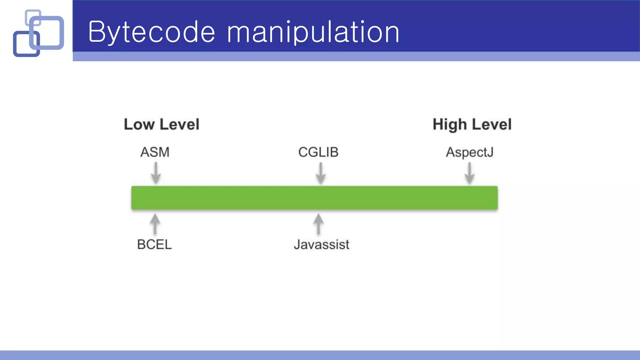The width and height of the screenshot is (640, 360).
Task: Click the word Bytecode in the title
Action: point(152,32)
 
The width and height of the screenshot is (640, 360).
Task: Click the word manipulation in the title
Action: point(313,32)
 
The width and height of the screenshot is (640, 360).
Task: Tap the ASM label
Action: point(155,152)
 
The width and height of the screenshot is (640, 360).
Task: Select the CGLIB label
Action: point(318,152)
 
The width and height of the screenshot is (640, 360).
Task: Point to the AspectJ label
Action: point(469,152)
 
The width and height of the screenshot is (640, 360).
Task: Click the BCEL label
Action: point(154,244)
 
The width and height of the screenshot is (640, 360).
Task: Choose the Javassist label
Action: point(321,244)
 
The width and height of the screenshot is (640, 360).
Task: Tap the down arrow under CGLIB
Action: point(320,173)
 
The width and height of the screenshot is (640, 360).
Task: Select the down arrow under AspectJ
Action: point(469,173)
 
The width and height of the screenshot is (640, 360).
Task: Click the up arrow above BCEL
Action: point(155,224)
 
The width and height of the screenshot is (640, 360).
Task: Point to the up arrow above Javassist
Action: point(318,224)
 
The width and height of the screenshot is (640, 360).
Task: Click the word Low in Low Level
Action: point(139,124)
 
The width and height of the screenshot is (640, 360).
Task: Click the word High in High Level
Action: point(450,125)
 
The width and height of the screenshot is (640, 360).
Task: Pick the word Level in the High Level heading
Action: point(492,124)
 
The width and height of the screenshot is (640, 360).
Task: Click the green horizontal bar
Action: point(314,197)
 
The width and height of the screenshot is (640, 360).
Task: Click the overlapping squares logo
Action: point(38,33)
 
